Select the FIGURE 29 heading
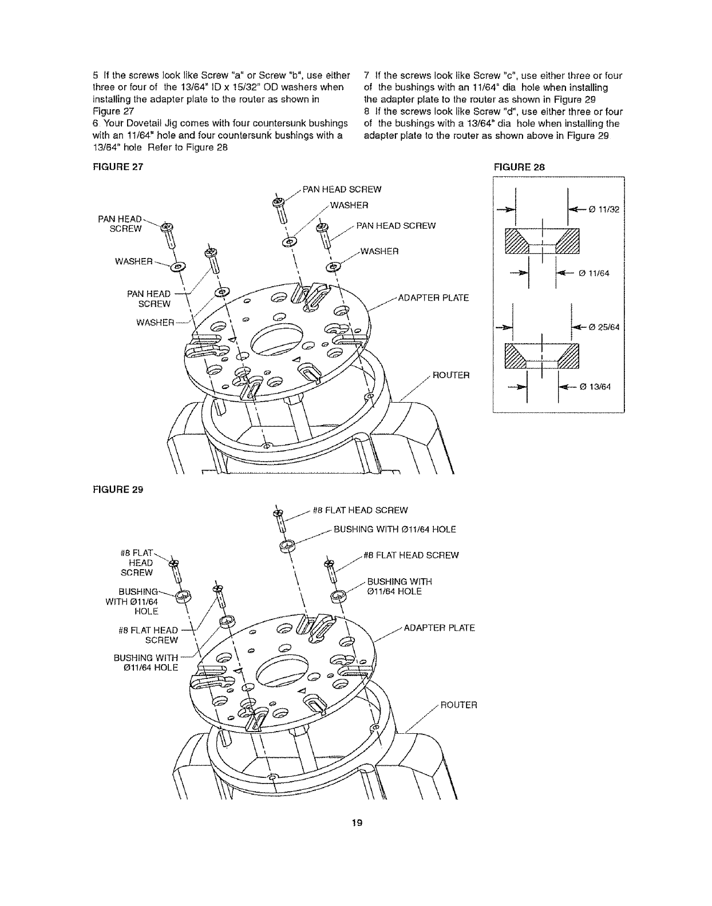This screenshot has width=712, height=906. click(x=117, y=490)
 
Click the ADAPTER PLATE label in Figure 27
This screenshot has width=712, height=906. click(x=433, y=297)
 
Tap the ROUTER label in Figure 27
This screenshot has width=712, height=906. click(x=451, y=375)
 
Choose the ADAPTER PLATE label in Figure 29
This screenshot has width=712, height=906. click(x=440, y=628)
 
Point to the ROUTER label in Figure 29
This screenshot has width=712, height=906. click(x=458, y=705)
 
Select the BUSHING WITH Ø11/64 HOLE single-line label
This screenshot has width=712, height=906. click(x=394, y=530)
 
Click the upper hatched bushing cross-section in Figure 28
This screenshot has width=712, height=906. click(x=541, y=240)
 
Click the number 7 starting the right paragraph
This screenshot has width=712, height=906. click(x=367, y=76)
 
